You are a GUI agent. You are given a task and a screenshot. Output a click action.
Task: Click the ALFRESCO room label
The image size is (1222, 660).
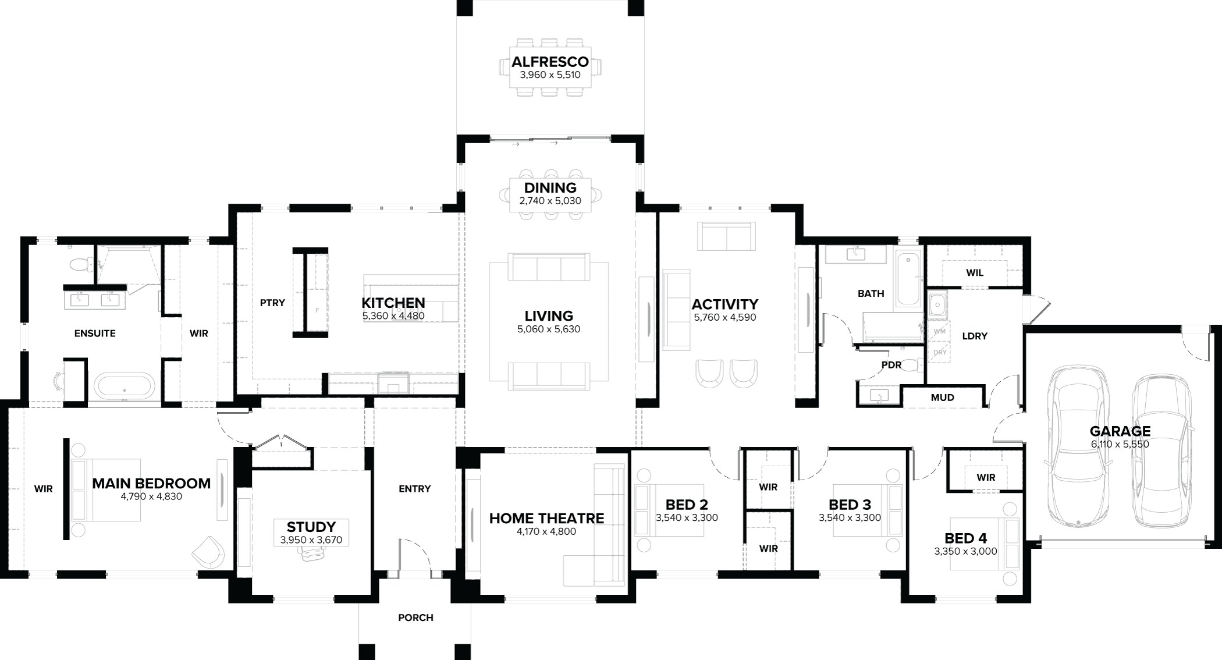(550, 62)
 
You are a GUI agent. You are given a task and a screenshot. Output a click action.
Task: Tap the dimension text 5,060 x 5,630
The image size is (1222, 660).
(549, 329)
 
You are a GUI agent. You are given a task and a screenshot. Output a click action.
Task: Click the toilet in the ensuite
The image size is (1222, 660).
(80, 265)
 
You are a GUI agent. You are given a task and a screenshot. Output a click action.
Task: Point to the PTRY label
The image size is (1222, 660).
(272, 303)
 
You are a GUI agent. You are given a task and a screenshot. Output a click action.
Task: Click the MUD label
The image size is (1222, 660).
(942, 398)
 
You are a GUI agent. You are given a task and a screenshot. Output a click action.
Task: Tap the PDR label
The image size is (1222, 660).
(891, 365)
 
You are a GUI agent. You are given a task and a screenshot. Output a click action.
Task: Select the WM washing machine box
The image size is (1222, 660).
(939, 331)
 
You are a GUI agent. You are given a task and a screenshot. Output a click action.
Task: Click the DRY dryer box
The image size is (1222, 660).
(939, 352)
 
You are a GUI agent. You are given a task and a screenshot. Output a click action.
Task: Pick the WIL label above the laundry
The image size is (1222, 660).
(975, 272)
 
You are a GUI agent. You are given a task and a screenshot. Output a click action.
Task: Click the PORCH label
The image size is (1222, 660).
(415, 618)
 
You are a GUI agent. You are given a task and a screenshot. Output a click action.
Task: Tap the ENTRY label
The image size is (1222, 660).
(414, 489)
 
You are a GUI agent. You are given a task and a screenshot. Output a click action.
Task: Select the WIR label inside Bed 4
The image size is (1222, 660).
(986, 477)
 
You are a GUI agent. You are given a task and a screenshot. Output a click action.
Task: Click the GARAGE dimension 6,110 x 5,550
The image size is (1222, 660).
(1120, 445)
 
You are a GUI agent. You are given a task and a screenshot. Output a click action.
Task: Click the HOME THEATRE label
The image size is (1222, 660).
(546, 518)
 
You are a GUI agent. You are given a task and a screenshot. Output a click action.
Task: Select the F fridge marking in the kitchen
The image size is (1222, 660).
(317, 310)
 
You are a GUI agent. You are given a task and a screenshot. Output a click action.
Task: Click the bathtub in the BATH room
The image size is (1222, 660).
(908, 280)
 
